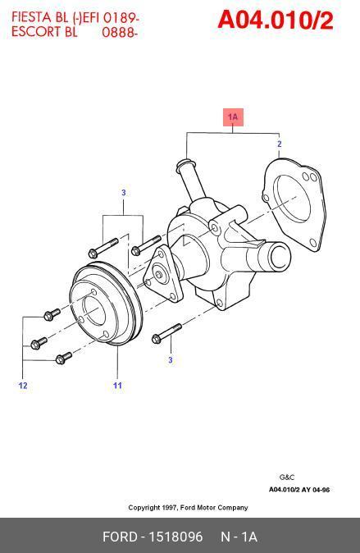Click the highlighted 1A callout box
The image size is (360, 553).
tap(233, 117)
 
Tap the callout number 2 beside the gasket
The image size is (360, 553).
tap(280, 144)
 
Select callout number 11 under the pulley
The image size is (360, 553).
tap(117, 386)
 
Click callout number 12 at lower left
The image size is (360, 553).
tap(23, 386)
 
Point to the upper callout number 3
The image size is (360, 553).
tap(123, 193)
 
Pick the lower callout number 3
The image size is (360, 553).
tap(171, 360)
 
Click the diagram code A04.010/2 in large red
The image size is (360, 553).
tap(275, 21)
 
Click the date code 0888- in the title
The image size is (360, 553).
tap(119, 32)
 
